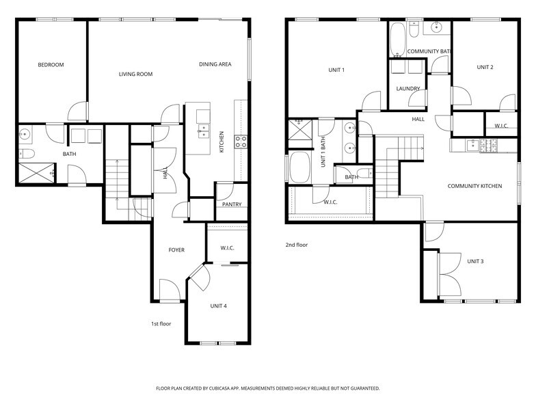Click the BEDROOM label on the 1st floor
point(51,65)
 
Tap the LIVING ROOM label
point(135,74)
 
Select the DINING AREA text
point(215,64)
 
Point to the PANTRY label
point(232,204)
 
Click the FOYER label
point(176,250)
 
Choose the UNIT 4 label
point(219,305)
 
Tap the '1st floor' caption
point(161,323)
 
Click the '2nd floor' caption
point(297,244)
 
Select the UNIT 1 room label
point(336,70)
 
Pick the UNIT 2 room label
point(485,67)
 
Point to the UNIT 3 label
point(476,261)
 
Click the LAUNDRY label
point(407,89)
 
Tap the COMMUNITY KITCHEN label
point(475,186)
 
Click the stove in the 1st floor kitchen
point(241,142)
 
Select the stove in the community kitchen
point(489,145)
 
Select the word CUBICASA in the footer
point(222,388)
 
